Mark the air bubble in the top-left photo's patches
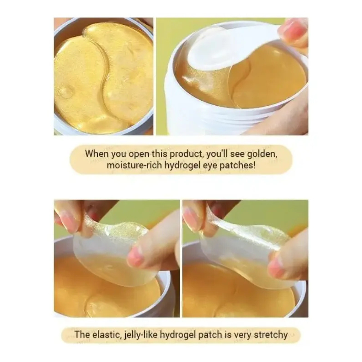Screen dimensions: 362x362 point(65,92)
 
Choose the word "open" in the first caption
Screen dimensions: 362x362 point(139,154)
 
